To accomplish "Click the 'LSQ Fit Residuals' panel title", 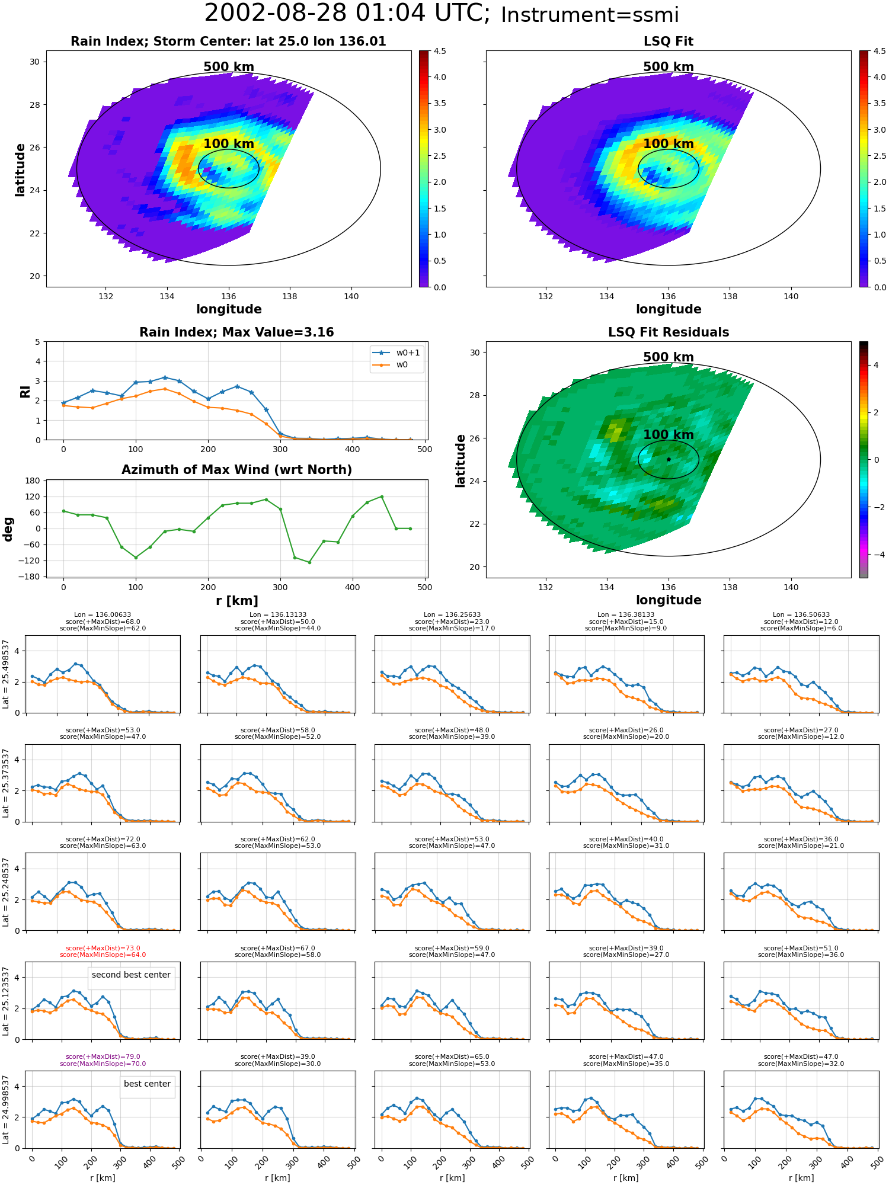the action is (x=669, y=332).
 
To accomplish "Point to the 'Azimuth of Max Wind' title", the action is (x=236, y=470).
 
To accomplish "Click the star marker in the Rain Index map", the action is (x=229, y=169).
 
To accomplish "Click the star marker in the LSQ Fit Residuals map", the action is (x=669, y=459).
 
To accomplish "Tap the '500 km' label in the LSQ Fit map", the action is (x=669, y=67).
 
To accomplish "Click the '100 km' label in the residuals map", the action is (x=669, y=434).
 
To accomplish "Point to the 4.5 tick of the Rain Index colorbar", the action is (x=440, y=51).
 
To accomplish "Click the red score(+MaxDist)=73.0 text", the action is (x=103, y=948).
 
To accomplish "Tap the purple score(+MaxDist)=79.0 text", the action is (x=103, y=1056).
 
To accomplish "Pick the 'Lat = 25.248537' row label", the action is (x=6, y=892).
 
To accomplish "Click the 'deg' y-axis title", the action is (x=8, y=529).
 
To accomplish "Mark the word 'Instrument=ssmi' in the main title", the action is (x=590, y=15).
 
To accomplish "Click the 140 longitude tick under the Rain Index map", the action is (x=351, y=296).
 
